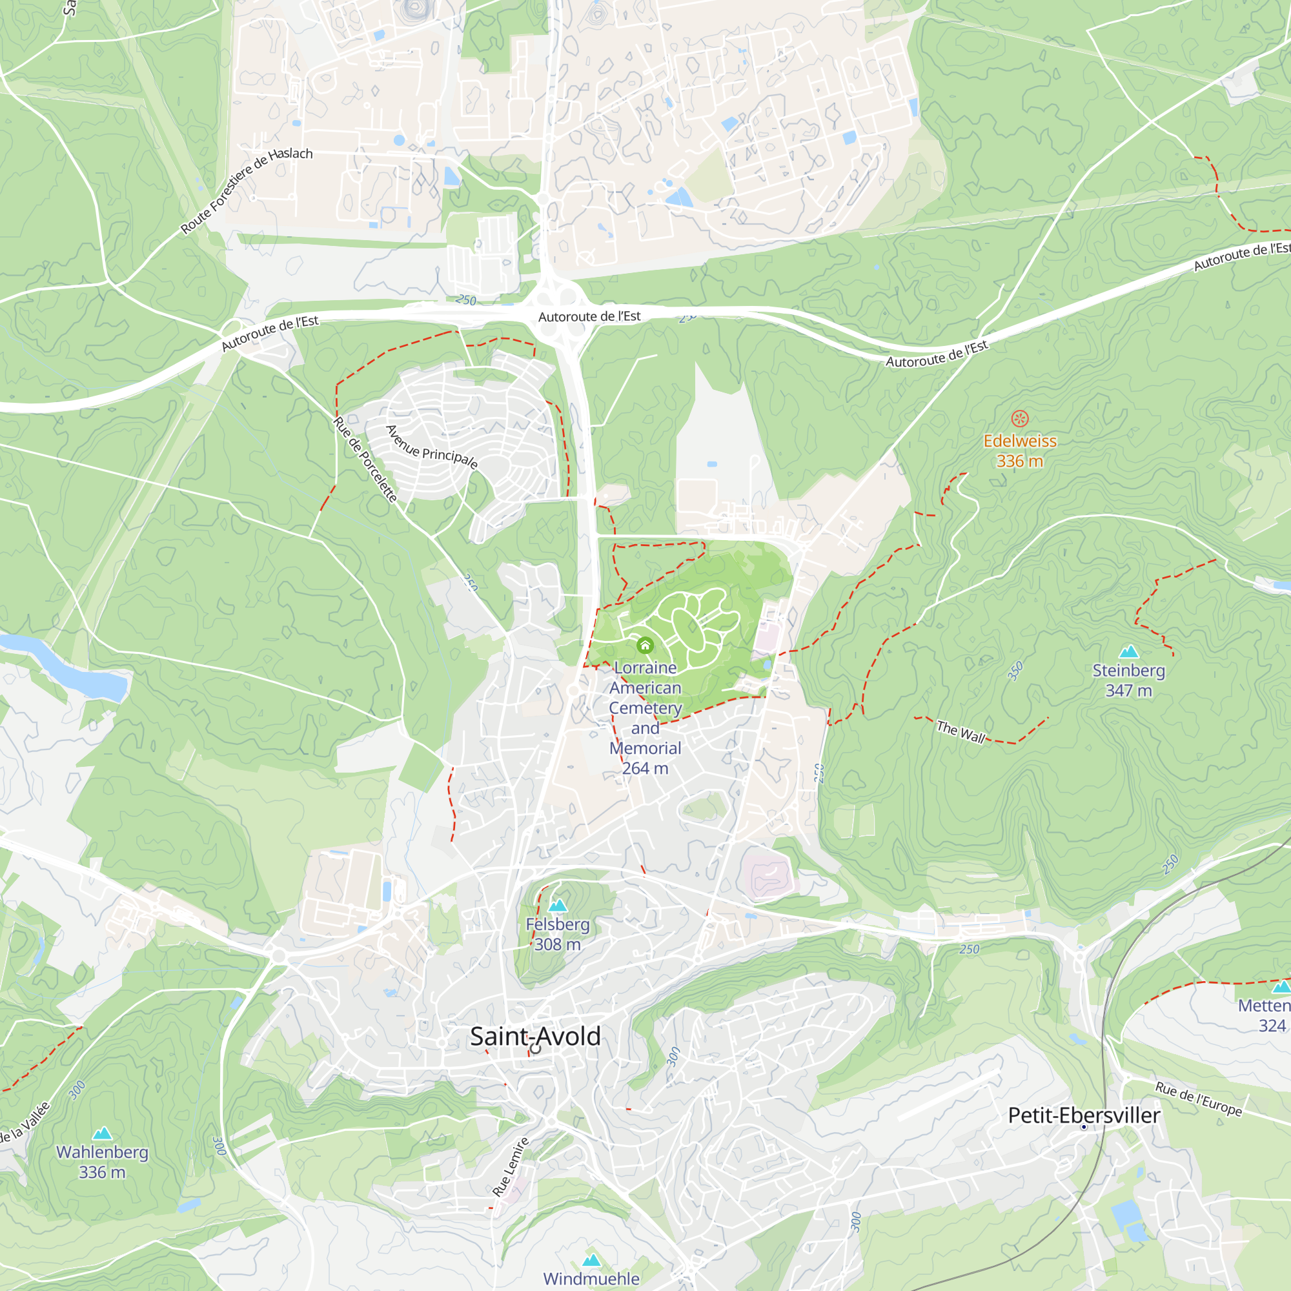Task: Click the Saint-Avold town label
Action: [535, 1037]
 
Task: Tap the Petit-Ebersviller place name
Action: [1084, 1115]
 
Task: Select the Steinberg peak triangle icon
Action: [1128, 651]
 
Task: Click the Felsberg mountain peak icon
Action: [557, 906]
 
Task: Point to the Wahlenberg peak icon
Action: [102, 1133]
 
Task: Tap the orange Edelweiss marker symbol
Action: [1020, 419]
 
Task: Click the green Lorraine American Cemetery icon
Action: [645, 645]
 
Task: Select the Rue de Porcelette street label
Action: [365, 459]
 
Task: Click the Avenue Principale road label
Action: [432, 448]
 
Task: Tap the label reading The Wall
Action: [961, 732]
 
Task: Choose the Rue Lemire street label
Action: [511, 1166]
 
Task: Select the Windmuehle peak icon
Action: [591, 1260]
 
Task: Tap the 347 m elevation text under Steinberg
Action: [1128, 691]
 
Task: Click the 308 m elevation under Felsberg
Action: [557, 945]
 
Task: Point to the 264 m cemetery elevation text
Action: [645, 768]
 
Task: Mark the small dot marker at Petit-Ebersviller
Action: [1084, 1127]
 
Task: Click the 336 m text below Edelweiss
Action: [1020, 461]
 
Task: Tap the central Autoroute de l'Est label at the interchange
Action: [589, 317]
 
